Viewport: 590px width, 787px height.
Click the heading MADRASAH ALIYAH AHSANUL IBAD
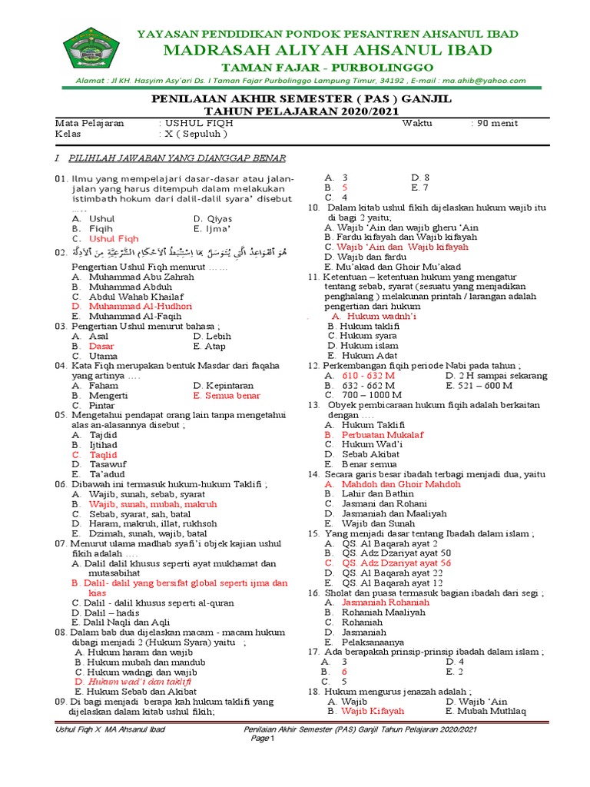point(327,51)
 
